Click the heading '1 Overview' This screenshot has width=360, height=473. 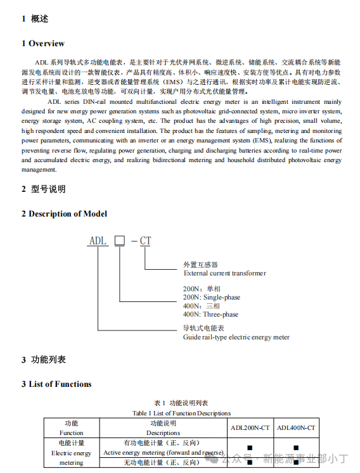point(43,43)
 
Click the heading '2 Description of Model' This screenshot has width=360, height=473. point(64,213)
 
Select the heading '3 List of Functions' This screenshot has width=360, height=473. point(56,384)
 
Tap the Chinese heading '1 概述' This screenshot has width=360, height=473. point(35,18)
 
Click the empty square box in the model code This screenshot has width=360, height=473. point(119,241)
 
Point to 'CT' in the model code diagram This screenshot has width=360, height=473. point(145,241)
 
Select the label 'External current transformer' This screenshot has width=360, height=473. point(225,274)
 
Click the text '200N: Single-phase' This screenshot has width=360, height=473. point(212,297)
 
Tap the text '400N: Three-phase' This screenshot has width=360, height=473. point(210,314)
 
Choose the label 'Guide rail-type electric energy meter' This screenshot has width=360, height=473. point(236,337)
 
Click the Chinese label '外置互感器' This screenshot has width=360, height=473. point(200,265)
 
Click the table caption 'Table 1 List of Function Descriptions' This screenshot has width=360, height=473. point(181,413)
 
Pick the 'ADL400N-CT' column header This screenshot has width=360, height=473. point(296,428)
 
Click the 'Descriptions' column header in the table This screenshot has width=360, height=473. point(164,433)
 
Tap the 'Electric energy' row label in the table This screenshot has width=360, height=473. point(71,453)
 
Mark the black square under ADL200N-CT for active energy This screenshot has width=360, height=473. point(250,448)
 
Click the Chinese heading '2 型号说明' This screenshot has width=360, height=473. point(44,189)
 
